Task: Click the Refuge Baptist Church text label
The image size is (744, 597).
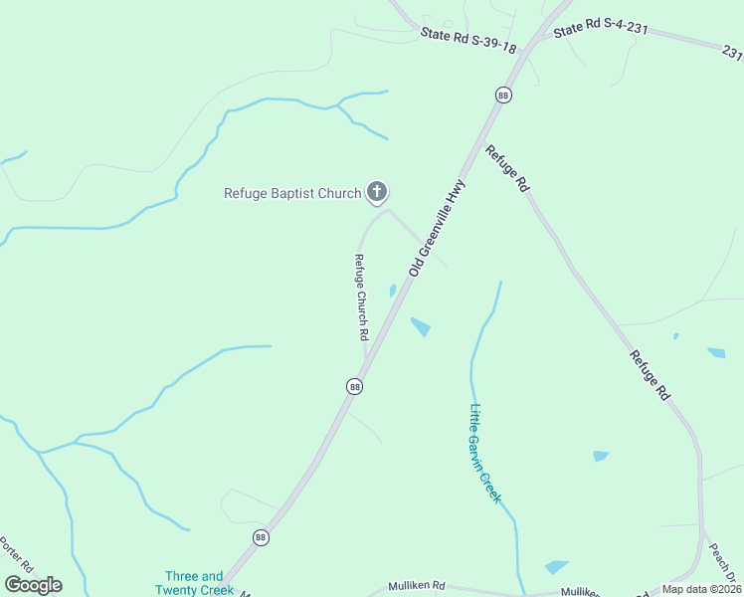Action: point(292,193)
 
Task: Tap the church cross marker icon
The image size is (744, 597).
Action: point(377,191)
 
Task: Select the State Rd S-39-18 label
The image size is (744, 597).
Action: point(468,41)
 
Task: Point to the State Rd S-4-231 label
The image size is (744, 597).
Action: point(601,30)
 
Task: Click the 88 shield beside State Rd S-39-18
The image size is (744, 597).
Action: point(503,95)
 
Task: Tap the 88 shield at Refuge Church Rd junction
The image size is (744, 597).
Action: point(354,386)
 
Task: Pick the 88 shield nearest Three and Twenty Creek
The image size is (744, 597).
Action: point(261,537)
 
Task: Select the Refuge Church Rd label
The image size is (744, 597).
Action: point(362,298)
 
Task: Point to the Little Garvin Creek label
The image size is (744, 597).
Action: point(485,453)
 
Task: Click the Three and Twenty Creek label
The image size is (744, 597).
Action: point(194,583)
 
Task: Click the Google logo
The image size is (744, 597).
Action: point(34,585)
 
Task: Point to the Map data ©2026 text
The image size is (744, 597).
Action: point(701,589)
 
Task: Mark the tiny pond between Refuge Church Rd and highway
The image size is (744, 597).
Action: point(393,291)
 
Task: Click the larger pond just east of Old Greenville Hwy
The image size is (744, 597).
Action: point(421,326)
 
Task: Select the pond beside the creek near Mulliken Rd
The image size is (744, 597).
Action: point(556,567)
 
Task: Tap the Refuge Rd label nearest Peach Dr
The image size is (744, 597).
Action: point(650,375)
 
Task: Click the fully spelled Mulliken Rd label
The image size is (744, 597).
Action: point(417,586)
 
